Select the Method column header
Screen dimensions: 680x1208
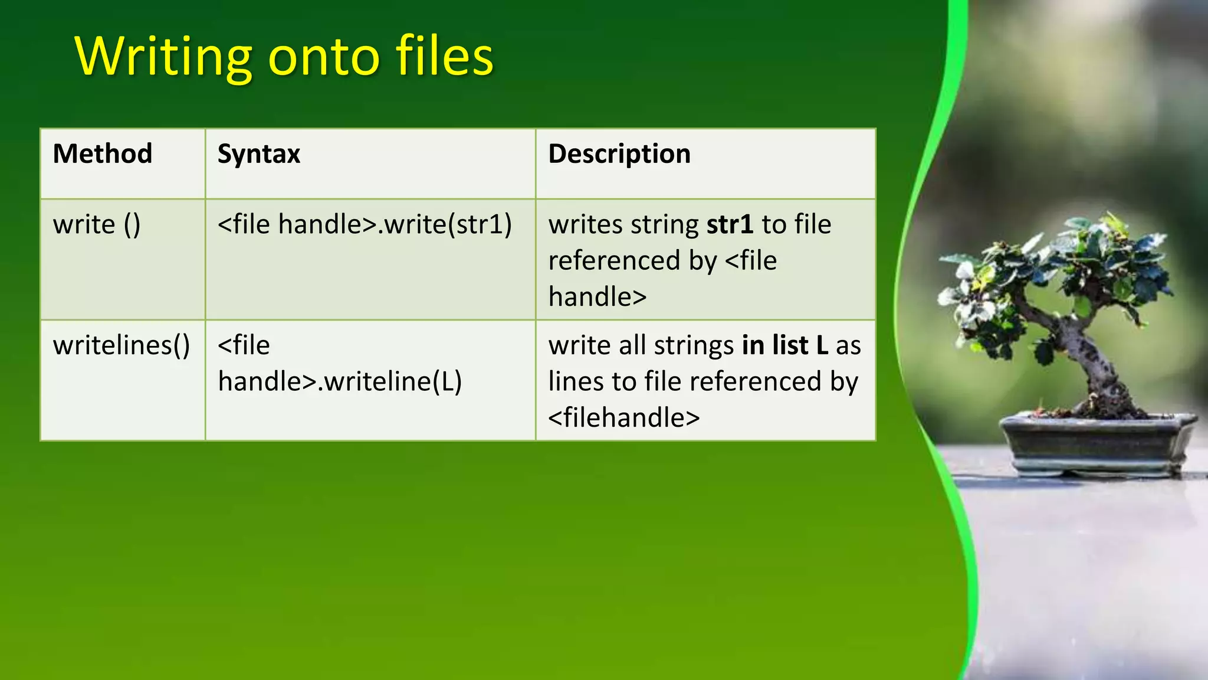coord(103,154)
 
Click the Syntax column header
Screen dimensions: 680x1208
coord(259,154)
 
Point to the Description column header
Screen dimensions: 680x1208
coord(619,154)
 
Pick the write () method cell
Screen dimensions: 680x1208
coord(97,225)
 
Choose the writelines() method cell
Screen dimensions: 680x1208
coord(122,345)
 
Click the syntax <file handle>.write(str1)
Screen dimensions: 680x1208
coord(365,225)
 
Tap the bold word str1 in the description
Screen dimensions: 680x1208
coord(730,225)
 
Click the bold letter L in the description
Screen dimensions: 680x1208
coord(822,345)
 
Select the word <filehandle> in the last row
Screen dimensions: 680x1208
coord(624,418)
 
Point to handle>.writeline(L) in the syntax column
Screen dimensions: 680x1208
coord(340,382)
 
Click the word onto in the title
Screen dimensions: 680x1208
coord(324,57)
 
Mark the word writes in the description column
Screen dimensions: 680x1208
coord(585,225)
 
